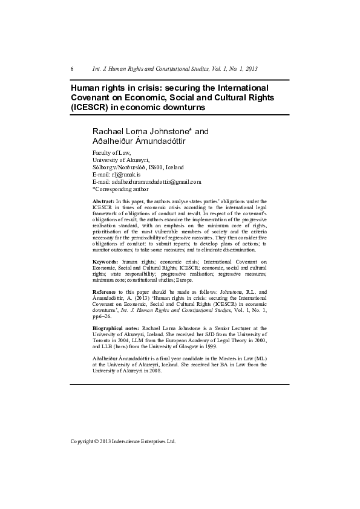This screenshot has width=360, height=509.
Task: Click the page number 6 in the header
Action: coord(72,69)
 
